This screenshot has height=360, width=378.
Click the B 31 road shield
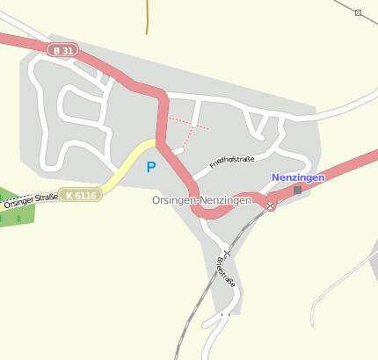(x=64, y=51)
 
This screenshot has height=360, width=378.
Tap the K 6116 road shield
(x=82, y=195)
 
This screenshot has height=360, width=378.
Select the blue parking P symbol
(x=151, y=166)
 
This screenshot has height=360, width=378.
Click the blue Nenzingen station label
(x=298, y=177)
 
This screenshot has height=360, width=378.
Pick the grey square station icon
(x=297, y=190)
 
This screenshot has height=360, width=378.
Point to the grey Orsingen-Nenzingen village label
(x=201, y=200)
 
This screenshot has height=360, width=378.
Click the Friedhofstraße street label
(x=231, y=162)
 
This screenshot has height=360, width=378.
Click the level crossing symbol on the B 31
(x=271, y=205)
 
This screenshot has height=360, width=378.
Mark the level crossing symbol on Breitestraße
(x=227, y=253)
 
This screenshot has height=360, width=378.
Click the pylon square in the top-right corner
(x=359, y=12)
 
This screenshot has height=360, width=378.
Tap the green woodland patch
(x=18, y=211)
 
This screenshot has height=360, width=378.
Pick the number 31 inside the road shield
(x=69, y=51)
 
